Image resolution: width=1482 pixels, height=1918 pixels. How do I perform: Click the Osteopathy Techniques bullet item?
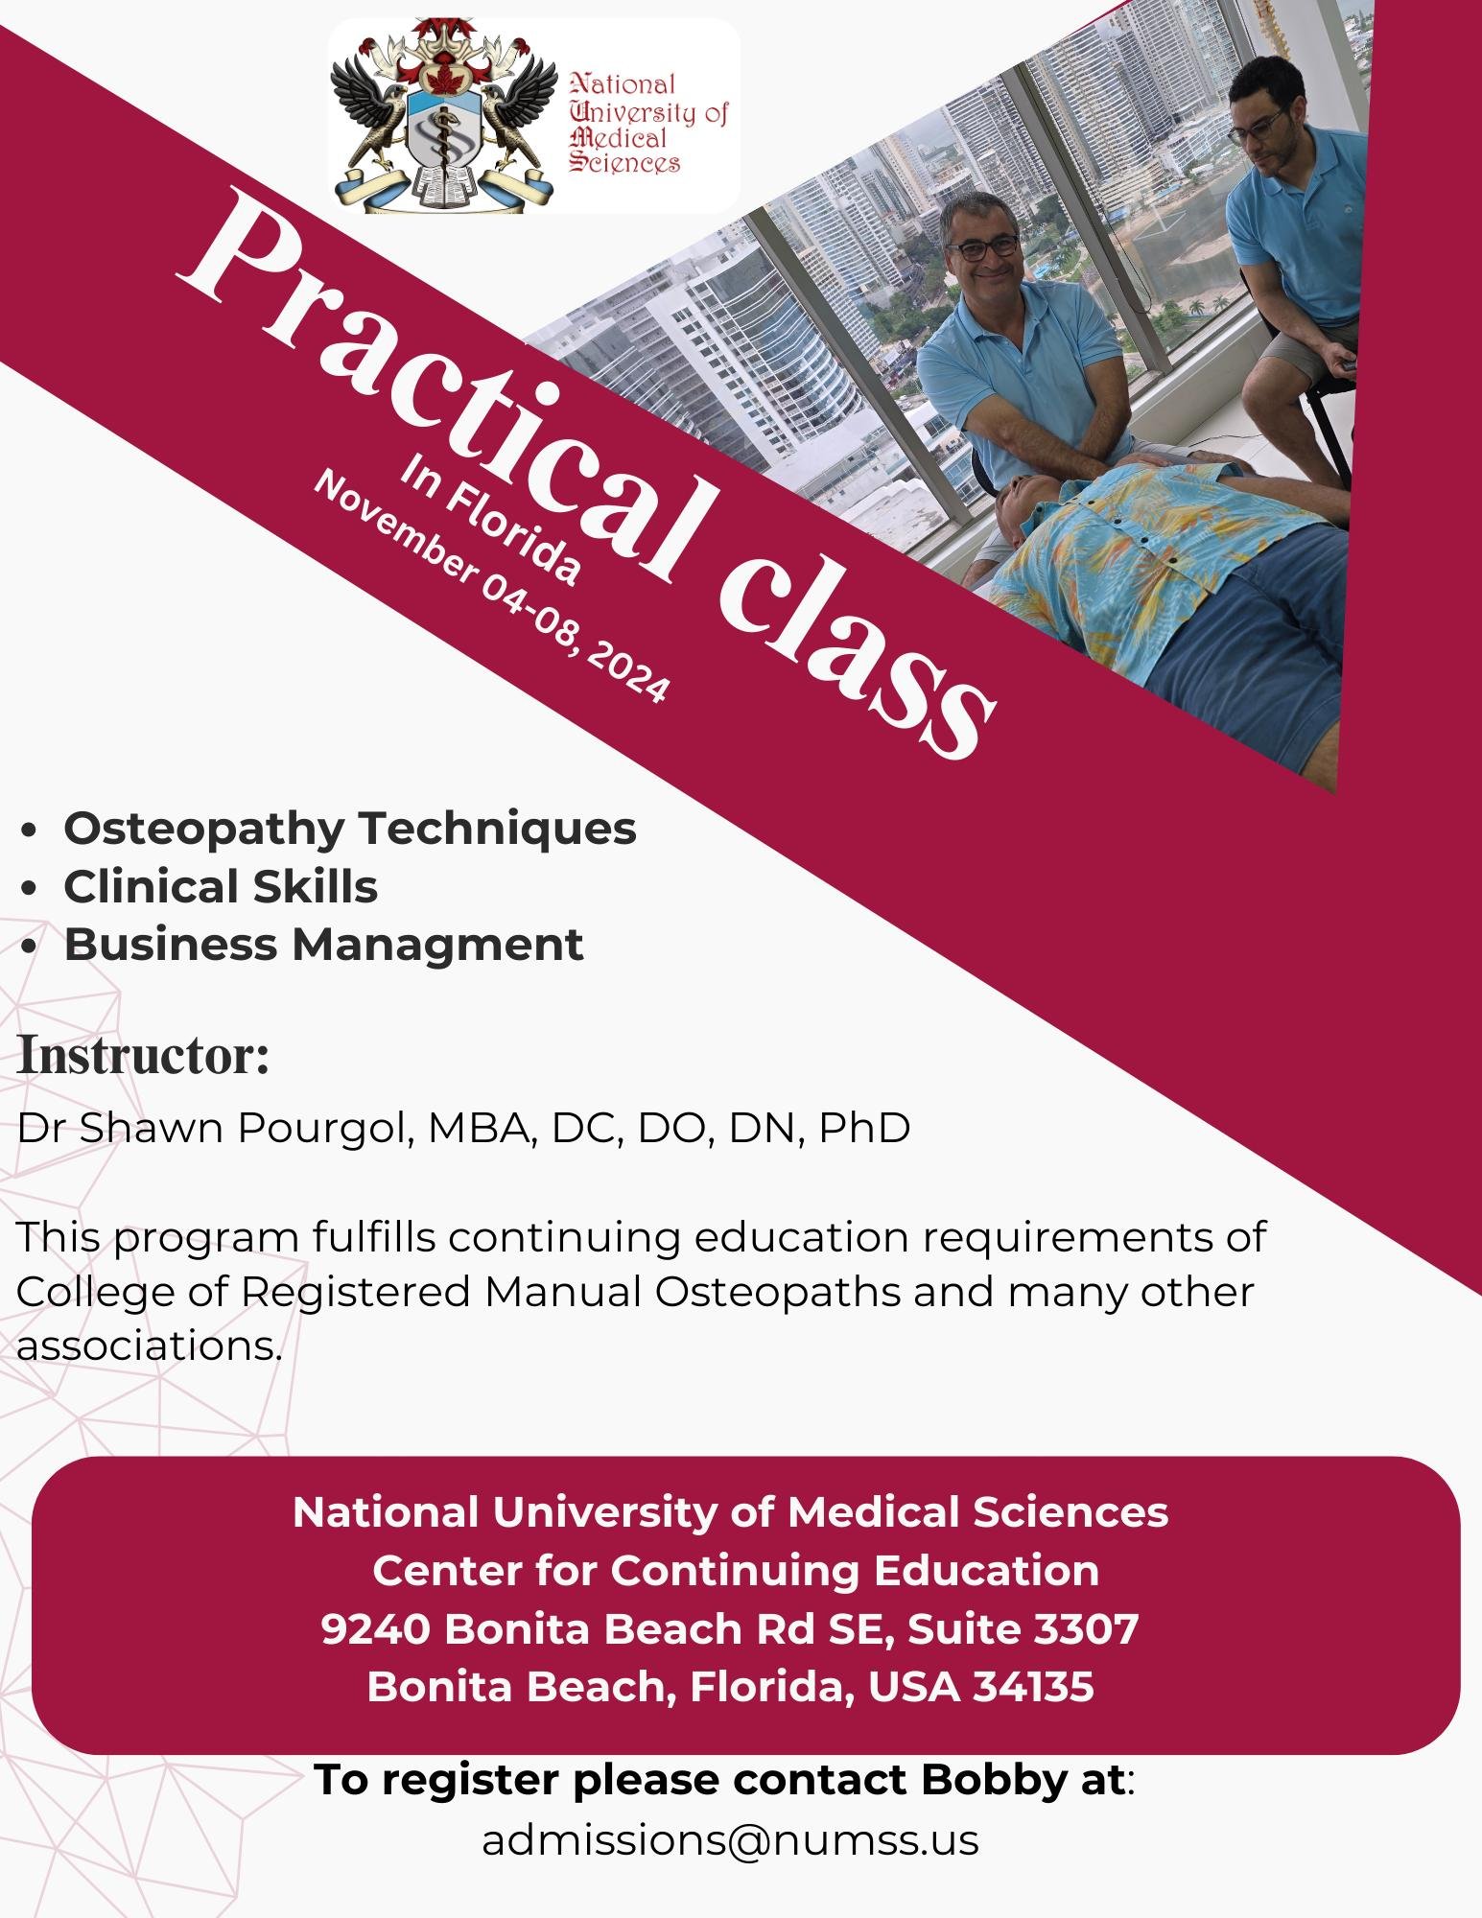click(350, 829)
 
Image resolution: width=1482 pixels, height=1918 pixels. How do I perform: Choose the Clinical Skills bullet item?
click(221, 887)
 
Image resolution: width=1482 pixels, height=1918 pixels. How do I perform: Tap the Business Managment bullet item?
click(323, 945)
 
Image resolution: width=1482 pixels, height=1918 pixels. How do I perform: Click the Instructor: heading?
click(143, 1055)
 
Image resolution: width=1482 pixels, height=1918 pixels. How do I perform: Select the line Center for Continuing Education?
click(736, 1571)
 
